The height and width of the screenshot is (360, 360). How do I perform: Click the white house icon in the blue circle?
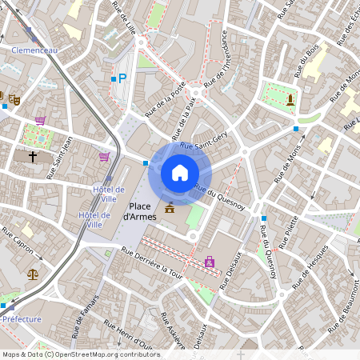point(180,173)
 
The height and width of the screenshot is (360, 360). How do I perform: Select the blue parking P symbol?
point(122,78)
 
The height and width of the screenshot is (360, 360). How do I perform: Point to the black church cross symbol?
point(33,156)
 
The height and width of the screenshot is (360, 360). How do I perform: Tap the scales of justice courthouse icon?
point(33,273)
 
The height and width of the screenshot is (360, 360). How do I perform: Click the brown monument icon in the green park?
point(290,99)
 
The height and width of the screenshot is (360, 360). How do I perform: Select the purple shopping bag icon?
point(210,261)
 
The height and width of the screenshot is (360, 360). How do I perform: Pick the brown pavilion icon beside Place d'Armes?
point(170,208)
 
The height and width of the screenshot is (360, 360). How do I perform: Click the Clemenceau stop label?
point(34,50)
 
